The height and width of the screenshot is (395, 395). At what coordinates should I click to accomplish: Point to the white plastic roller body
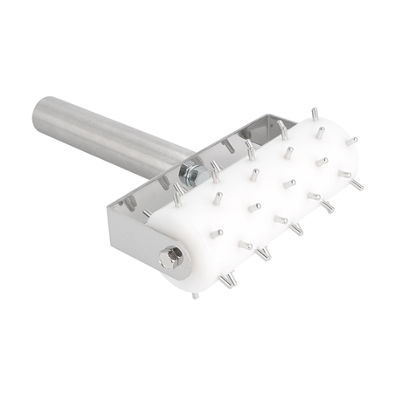(x=262, y=201)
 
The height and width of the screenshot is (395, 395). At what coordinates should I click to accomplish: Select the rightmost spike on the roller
(x=358, y=186)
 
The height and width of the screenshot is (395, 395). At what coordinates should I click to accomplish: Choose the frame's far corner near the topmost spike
(x=288, y=122)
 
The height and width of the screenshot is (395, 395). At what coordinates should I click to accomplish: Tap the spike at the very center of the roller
(x=254, y=208)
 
